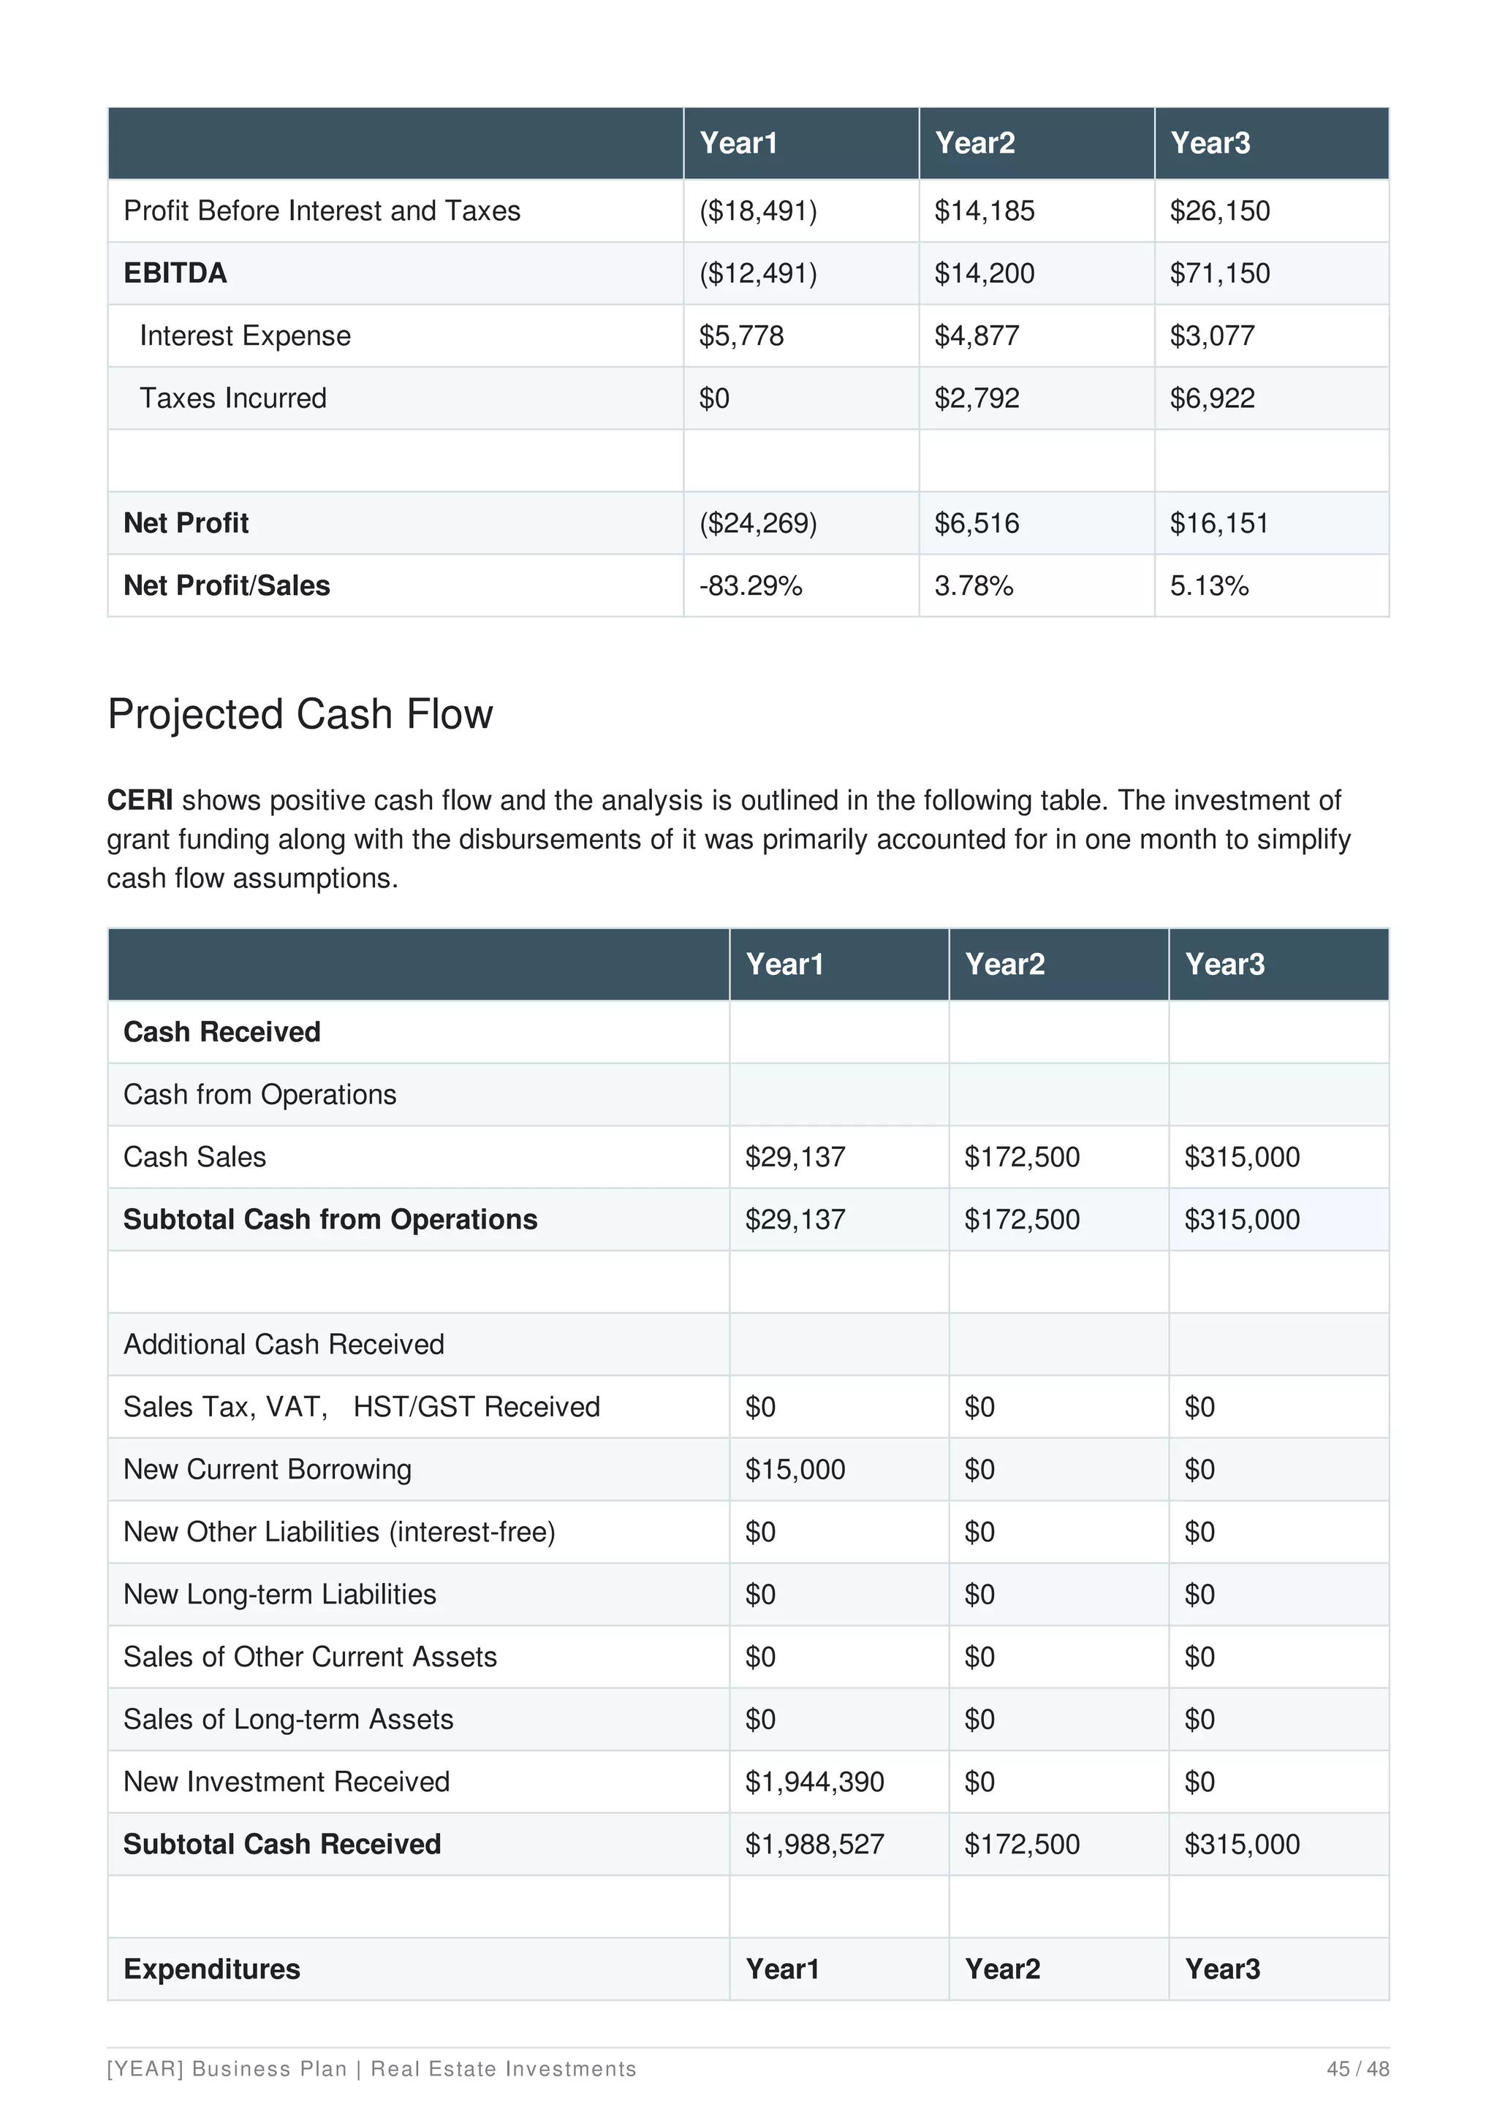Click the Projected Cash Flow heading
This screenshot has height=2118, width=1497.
tap(300, 715)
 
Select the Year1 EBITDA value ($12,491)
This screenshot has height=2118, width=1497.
tap(757, 273)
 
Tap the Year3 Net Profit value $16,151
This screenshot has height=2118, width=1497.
tap(1219, 523)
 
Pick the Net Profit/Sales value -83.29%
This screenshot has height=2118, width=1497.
tap(750, 585)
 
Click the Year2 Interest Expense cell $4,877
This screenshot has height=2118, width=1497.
tap(976, 335)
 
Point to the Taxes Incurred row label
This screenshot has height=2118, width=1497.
tap(232, 398)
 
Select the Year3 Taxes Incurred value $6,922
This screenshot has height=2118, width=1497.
tap(1212, 398)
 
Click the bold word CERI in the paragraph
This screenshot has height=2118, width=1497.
tap(140, 800)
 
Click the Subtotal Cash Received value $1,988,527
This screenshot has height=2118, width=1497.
tap(814, 1844)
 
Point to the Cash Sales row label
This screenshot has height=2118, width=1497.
tap(194, 1157)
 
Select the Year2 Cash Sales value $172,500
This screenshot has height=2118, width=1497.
tap(1021, 1157)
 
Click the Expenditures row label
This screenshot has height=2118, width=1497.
tap(211, 1970)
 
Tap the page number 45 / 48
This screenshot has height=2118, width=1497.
tap(1357, 2069)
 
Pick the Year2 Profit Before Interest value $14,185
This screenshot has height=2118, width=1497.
tap(984, 211)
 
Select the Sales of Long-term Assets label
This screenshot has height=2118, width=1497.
tap(288, 1720)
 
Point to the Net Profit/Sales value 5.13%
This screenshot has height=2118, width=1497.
tap(1208, 585)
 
